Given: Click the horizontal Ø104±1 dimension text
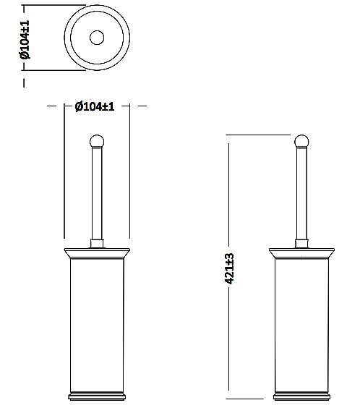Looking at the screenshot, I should pyautogui.click(x=95, y=106).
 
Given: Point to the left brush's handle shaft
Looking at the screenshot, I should pyautogui.click(x=95, y=192).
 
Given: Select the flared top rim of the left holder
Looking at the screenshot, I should pyautogui.click(x=95, y=254).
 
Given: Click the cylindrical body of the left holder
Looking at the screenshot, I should pyautogui.click(x=95, y=326).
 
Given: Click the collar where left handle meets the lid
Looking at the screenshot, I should pyautogui.click(x=95, y=242).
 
